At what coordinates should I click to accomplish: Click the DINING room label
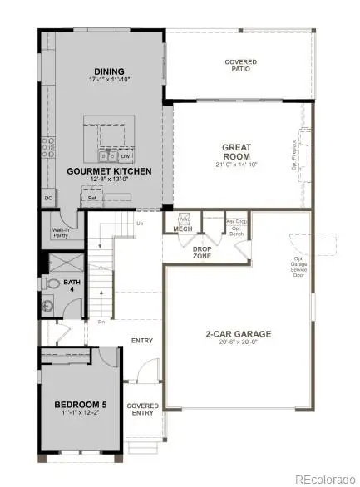click(x=109, y=71)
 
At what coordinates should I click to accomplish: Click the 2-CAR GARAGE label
click(x=238, y=334)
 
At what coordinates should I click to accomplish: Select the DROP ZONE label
click(x=202, y=251)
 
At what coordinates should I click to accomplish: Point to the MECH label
click(x=183, y=229)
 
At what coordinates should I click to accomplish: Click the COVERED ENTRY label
click(x=142, y=410)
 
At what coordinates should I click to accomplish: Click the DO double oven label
click(x=47, y=199)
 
